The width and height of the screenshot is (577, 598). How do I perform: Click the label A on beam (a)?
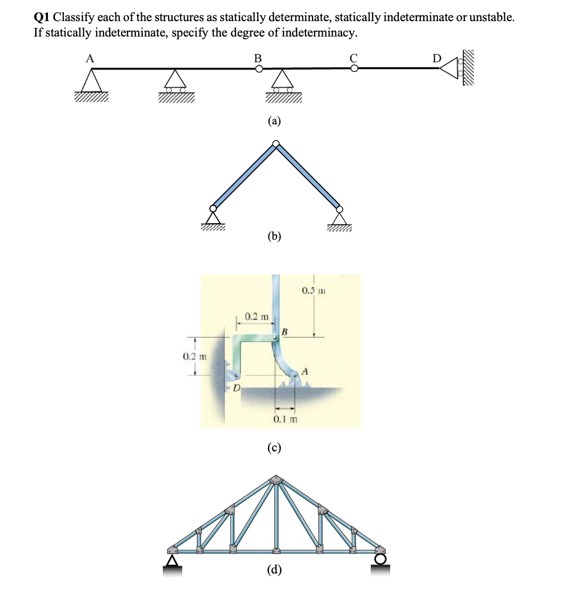coord(90,57)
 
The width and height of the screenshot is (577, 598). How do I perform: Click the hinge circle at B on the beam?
coord(259,69)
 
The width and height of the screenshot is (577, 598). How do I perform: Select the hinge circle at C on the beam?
coord(354,69)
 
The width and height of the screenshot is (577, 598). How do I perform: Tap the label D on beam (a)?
coord(437,58)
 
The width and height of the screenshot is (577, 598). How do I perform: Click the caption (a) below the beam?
coord(275,120)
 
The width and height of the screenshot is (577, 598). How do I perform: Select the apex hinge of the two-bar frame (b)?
coord(276,144)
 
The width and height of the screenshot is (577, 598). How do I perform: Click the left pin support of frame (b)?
coord(213,217)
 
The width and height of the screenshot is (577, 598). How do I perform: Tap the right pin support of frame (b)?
coord(340,217)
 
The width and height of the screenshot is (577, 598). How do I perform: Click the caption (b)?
coord(275,236)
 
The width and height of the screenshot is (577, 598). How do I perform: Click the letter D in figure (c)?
coord(235,388)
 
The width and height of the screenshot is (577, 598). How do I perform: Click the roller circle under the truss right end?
coord(380,559)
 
